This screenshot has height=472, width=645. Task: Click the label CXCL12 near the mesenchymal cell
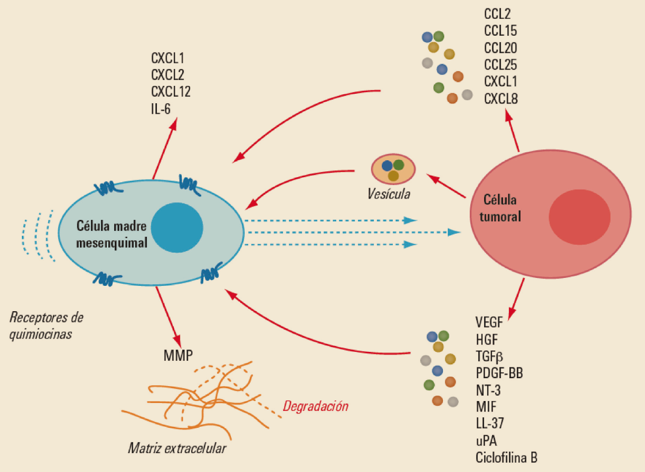171,92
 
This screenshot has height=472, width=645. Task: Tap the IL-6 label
161,109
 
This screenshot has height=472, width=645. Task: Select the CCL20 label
501,48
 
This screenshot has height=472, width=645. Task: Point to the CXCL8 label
501,99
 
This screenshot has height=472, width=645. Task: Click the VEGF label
489,323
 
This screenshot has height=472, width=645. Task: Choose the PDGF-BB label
499,373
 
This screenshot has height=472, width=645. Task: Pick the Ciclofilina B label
506,458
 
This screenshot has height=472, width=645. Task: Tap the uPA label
486,441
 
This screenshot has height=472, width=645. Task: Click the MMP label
178,355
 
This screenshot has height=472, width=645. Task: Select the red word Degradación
315,406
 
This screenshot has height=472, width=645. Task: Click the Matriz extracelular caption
177,448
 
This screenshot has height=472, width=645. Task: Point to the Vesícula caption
388,194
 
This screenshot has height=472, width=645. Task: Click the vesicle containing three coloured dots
393,169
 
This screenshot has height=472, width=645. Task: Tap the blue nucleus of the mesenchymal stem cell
177,228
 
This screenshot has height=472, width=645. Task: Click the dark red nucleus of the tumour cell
579,217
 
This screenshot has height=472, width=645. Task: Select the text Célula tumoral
500,208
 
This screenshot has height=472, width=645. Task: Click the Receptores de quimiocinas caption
46,326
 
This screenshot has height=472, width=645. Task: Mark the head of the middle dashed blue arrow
454,232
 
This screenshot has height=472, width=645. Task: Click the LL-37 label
490,424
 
